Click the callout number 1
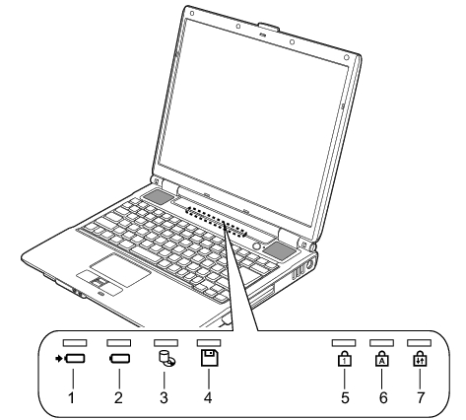tap(71, 397)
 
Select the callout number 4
tap(208, 397)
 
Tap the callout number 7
tap(421, 397)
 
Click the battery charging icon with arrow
tap(70, 359)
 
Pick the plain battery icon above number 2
tap(119, 359)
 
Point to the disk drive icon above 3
tap(166, 359)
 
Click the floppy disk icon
tap(210, 358)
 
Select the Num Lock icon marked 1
tap(344, 359)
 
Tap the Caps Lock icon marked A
tap(382, 359)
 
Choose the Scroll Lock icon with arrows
tap(420, 359)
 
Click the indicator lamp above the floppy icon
tap(209, 343)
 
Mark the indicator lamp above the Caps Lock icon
tap(381, 343)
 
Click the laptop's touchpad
tap(120, 269)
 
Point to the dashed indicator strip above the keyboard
tap(216, 222)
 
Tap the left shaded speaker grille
tap(157, 196)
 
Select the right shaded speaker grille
tap(280, 250)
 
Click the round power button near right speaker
tap(257, 245)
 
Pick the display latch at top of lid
tap(269, 27)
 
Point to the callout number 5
tap(345, 397)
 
